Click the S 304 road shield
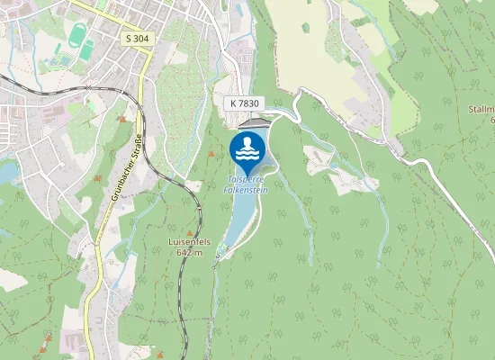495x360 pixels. pyautogui.click(x=137, y=39)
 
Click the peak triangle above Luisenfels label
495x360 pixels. pyautogui.click(x=191, y=229)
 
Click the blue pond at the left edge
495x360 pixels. pyautogui.click(x=6, y=169)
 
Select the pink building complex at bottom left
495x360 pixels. pyautogui.click(x=70, y=342)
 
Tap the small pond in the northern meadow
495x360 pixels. pyautogui.click(x=305, y=28)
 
